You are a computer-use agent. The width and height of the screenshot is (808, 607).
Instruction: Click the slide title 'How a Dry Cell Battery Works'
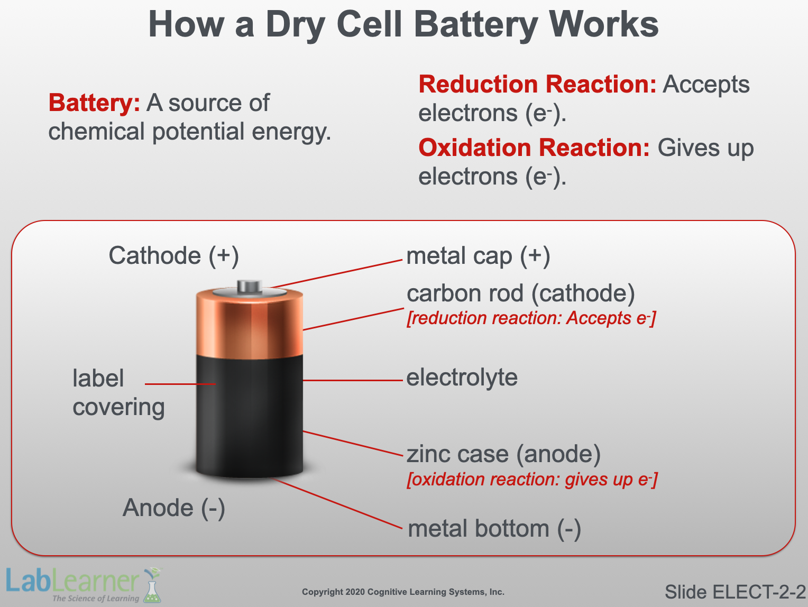click(x=403, y=25)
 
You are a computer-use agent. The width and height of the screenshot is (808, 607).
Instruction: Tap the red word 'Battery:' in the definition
click(x=94, y=103)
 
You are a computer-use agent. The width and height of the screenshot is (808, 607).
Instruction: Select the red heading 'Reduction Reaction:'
click(x=537, y=84)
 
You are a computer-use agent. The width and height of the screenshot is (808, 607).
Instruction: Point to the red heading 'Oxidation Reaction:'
click(x=534, y=148)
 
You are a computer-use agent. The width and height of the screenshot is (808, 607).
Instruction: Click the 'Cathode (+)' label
click(x=174, y=256)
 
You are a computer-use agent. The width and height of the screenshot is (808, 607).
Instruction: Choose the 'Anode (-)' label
click(x=174, y=508)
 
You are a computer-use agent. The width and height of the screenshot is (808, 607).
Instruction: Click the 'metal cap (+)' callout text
click(x=478, y=256)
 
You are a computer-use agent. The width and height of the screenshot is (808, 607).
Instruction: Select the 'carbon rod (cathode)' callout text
click(x=521, y=294)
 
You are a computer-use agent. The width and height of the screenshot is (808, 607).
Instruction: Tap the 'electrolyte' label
click(x=462, y=378)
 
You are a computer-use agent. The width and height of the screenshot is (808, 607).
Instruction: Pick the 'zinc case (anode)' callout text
click(x=503, y=454)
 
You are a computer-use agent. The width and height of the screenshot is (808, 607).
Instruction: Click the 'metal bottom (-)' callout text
click(x=494, y=529)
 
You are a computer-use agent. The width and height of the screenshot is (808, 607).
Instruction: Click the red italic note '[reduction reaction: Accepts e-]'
click(x=531, y=318)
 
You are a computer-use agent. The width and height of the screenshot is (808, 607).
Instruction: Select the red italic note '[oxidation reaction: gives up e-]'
click(x=532, y=480)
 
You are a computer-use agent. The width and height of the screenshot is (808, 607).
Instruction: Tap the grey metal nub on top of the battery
click(x=250, y=287)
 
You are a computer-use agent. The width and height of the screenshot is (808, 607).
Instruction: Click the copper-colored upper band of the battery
click(x=250, y=325)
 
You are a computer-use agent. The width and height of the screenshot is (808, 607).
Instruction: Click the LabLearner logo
click(x=84, y=585)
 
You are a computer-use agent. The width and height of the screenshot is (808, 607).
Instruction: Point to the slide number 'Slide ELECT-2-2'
click(x=736, y=592)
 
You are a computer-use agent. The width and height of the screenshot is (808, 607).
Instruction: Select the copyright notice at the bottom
click(x=403, y=592)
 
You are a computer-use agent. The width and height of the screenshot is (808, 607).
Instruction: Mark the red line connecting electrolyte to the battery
click(x=353, y=380)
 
